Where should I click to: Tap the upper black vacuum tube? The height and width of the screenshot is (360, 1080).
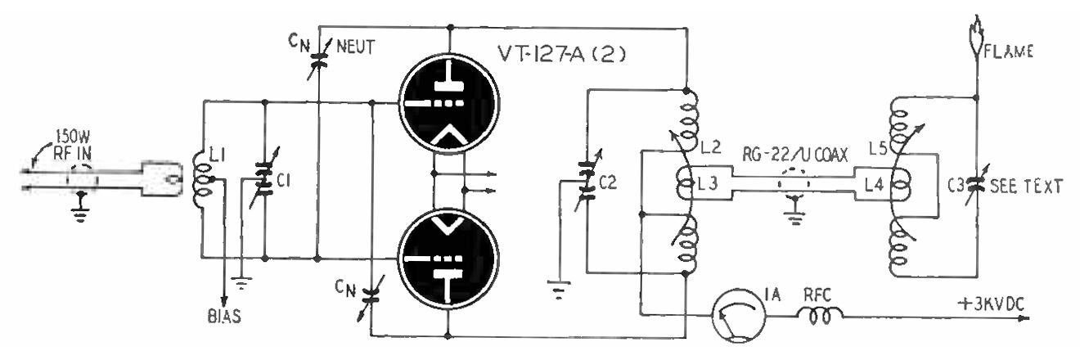(448, 106)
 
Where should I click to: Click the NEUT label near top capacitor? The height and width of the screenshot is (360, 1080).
(354, 47)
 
